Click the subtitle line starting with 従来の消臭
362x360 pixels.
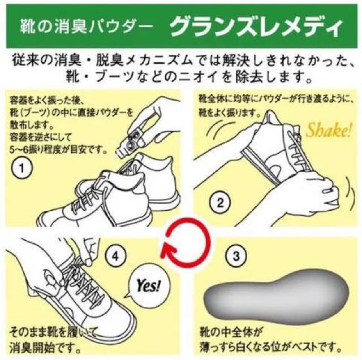click(180, 58)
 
